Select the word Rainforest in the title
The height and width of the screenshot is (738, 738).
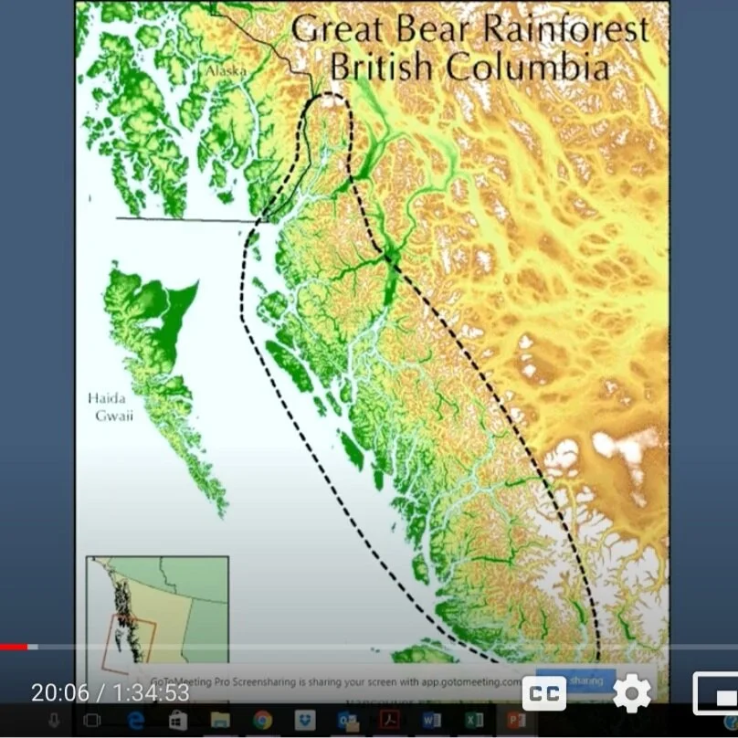click(x=565, y=29)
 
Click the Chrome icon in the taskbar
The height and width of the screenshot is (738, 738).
click(x=262, y=721)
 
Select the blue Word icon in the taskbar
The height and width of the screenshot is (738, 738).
click(x=432, y=721)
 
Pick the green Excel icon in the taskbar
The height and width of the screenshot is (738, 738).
click(x=474, y=721)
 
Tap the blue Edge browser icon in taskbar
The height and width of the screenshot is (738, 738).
click(x=136, y=721)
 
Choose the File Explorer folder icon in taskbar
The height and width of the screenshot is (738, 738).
click(x=220, y=721)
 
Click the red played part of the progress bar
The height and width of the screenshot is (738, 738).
click(x=14, y=647)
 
